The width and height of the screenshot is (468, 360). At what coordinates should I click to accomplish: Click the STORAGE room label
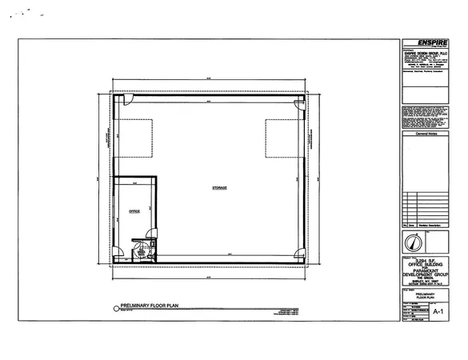(x=219, y=187)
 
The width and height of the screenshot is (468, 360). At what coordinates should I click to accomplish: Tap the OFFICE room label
(x=134, y=211)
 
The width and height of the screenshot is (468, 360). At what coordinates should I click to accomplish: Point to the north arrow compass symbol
(x=411, y=242)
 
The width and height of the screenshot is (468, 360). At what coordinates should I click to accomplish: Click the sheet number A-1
(x=437, y=306)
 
